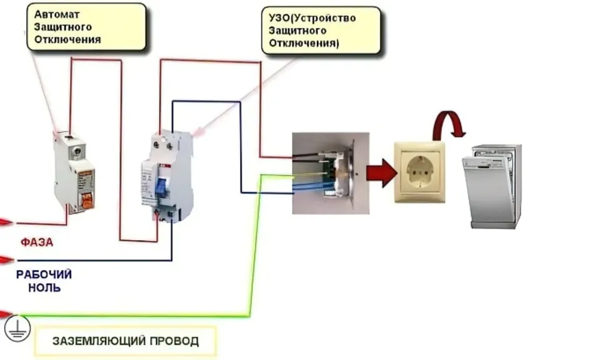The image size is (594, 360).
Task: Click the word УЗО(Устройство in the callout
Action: pyautogui.click(x=312, y=18)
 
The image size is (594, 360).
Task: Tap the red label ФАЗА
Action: pyautogui.click(x=37, y=242)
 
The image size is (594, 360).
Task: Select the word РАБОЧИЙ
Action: pyautogui.click(x=44, y=274)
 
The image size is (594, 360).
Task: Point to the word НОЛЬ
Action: pyautogui.click(x=44, y=287)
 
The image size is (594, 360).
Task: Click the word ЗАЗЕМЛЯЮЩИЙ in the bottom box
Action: pyautogui.click(x=99, y=341)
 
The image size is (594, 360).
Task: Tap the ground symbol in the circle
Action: pyautogui.click(x=18, y=328)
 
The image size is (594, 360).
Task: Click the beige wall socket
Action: pyautogui.click(x=420, y=172)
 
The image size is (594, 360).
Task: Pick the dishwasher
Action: pyautogui.click(x=491, y=186)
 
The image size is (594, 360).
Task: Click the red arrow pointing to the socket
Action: pyautogui.click(x=381, y=173)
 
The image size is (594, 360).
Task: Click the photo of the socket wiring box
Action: pyautogui.click(x=330, y=173)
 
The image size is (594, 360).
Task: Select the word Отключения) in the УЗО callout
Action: pyautogui.click(x=304, y=43)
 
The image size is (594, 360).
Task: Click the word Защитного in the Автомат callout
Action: pyautogui.click(x=63, y=27)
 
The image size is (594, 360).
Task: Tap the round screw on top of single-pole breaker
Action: pyautogui.click(x=78, y=151)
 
